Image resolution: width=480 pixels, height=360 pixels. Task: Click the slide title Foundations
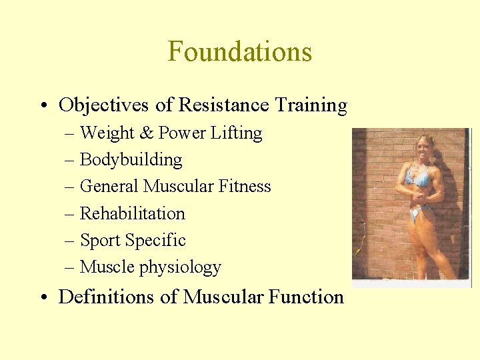pos(239,51)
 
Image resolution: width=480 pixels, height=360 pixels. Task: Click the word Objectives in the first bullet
pos(99,105)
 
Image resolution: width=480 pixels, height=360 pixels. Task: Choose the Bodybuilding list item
pos(131,160)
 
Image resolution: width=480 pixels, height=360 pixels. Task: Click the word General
pos(109,187)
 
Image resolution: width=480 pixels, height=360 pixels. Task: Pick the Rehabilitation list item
pos(132,213)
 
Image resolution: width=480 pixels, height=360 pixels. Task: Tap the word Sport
pos(98,241)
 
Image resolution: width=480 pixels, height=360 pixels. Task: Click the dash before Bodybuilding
pos(71,161)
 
